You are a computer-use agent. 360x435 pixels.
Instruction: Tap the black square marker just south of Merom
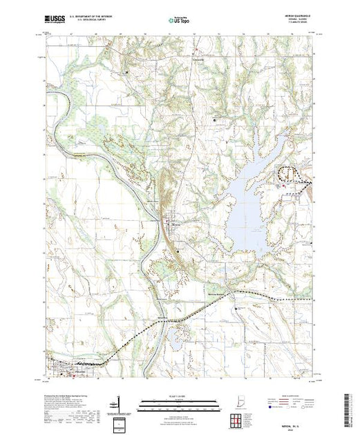(x=178, y=252)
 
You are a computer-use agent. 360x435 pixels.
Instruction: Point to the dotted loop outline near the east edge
(x=292, y=175)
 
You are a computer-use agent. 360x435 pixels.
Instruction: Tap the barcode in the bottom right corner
(x=349, y=407)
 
